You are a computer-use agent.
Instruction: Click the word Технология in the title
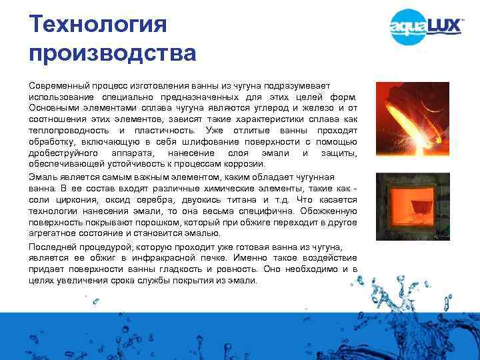pyautogui.click(x=97, y=25)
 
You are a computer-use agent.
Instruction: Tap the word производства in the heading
pyautogui.click(x=113, y=53)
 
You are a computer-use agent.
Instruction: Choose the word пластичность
pyautogui.click(x=155, y=130)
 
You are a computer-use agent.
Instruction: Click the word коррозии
pyautogui.click(x=247, y=163)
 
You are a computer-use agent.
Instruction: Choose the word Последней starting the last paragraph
pyautogui.click(x=53, y=246)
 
